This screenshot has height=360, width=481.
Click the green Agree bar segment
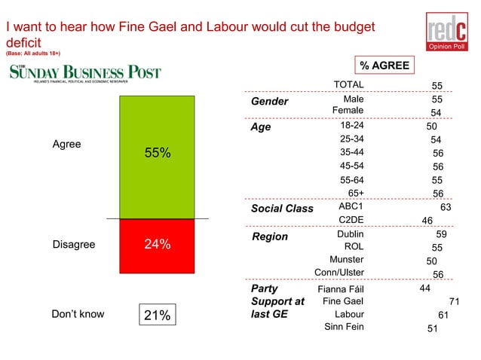click(x=157, y=157)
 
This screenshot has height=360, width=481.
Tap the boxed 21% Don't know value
click(x=157, y=315)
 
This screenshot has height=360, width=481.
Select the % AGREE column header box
click(x=384, y=66)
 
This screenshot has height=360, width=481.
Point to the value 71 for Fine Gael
click(x=454, y=301)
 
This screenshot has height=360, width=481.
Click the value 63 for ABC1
click(x=445, y=206)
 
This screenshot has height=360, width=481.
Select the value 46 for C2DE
click(x=426, y=221)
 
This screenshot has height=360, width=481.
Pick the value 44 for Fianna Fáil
click(x=426, y=287)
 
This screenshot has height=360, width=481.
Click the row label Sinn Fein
click(x=344, y=327)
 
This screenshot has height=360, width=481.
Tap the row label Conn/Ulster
click(x=339, y=273)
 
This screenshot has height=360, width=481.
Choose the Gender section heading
click(x=269, y=102)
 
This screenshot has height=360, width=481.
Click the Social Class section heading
click(x=281, y=209)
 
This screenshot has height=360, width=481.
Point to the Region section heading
click(x=270, y=236)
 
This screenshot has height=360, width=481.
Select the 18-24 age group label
click(x=352, y=126)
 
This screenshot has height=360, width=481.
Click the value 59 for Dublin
click(x=442, y=234)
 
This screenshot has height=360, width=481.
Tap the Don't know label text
click(x=78, y=314)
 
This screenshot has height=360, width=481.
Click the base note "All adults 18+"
click(x=33, y=54)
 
